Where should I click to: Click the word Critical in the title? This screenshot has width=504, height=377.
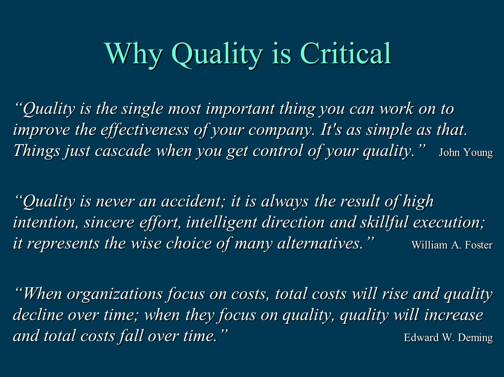coord(345,53)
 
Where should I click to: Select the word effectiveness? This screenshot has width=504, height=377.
coord(145,130)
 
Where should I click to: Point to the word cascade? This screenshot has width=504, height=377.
coord(123,151)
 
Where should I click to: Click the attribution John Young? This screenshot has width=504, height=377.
coord(466,153)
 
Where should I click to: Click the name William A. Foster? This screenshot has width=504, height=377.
coord(452,245)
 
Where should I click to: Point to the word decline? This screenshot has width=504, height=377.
coord(38,315)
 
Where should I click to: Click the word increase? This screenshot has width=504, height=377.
coord(454,315)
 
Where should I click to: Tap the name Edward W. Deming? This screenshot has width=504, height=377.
coord(448,338)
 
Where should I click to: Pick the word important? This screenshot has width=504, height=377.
coord(240,109)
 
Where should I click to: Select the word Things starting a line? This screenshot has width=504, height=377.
coord(37,152)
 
